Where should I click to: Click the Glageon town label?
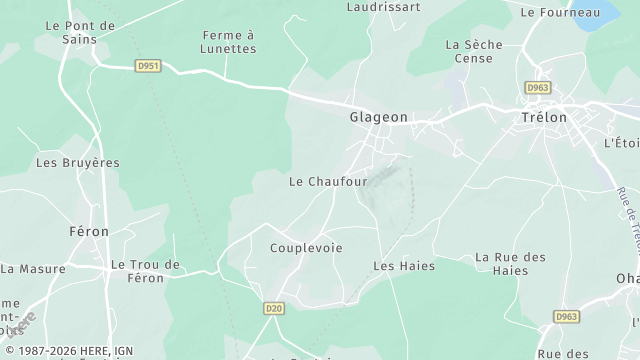coord(378,117)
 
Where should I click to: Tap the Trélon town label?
coord(544,117)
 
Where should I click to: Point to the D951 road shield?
coord(147,66)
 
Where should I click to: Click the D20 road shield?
coord(274,309)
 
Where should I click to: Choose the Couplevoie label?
coord(306,247)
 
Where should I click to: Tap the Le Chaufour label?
coord(328,182)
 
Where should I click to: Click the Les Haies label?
coord(397,266)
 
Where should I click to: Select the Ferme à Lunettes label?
coord(229,41)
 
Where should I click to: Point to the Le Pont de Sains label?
coord(80,31)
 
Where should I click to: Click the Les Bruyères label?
coord(77,162)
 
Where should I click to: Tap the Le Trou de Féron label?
coord(146,271)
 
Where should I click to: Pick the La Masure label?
coord(33,268)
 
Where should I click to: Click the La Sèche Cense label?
coord(469,51)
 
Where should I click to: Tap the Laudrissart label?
coord(383,6)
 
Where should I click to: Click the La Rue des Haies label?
coord(510,264)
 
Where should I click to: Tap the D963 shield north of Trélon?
coord(536,88)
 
